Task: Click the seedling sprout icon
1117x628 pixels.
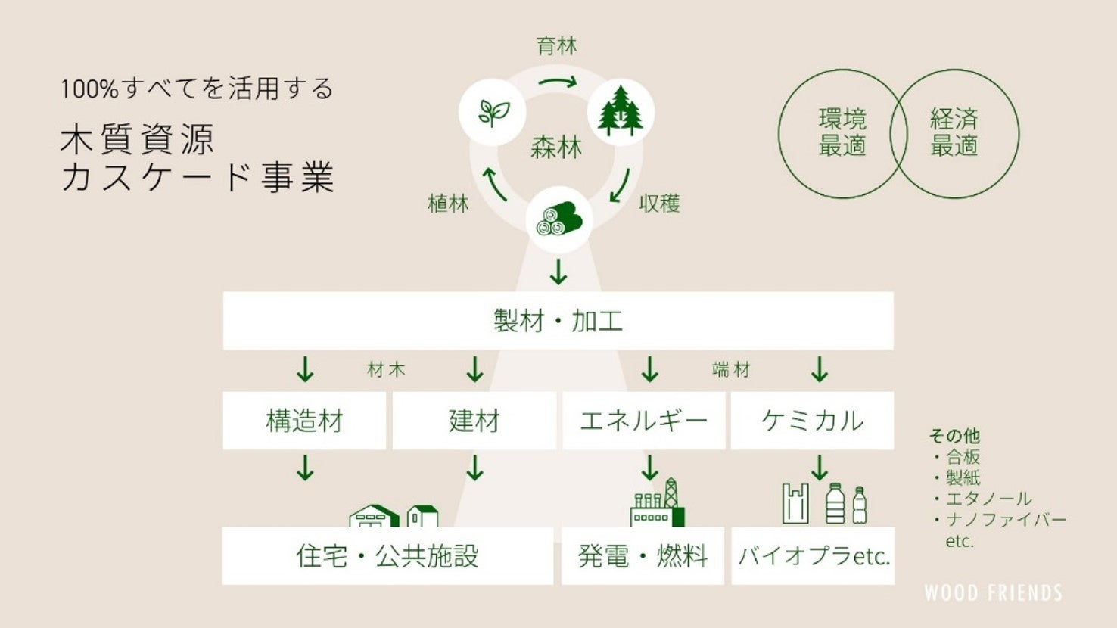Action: click(492, 113)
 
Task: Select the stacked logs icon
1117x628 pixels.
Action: click(558, 220)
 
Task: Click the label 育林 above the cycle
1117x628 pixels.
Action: click(557, 46)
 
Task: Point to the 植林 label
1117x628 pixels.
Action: click(448, 204)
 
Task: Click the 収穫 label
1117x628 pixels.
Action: click(659, 204)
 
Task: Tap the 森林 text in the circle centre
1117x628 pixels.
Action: click(556, 147)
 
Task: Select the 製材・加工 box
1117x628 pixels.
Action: click(558, 321)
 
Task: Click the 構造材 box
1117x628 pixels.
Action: click(304, 421)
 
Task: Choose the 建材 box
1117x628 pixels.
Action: click(474, 421)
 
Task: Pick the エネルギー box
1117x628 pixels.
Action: click(643, 421)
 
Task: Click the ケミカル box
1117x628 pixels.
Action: click(812, 421)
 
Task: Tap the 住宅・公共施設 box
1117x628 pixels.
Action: click(387, 556)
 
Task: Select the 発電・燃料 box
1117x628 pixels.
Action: click(643, 556)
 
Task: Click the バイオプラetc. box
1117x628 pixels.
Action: click(813, 556)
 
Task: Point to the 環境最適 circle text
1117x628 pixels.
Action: click(842, 132)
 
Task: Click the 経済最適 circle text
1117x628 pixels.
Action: click(954, 132)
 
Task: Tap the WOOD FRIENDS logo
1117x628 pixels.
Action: click(993, 592)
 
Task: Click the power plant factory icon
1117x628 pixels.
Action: click(657, 504)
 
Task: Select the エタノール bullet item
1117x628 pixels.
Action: click(988, 499)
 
